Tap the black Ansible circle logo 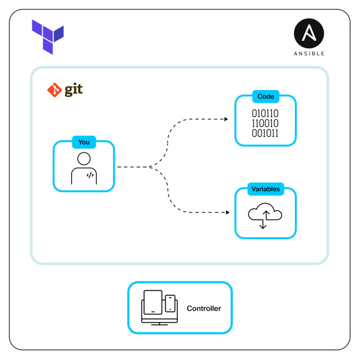308,34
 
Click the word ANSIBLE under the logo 308,53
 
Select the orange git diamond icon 54,90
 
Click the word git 74,90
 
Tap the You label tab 84,142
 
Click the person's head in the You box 84,158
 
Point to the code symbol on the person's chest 90,175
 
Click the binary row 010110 265,113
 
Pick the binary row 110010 265,123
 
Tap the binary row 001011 265,133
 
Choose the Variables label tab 266,189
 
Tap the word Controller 204,308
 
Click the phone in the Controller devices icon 170,303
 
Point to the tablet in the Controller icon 153,302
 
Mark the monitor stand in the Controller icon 159,323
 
